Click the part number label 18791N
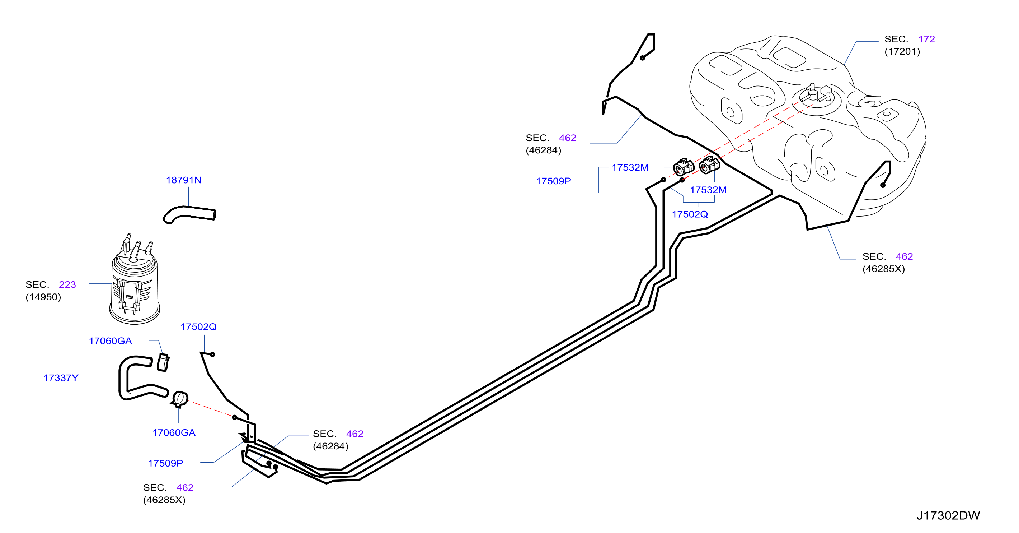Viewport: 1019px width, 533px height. pyautogui.click(x=184, y=180)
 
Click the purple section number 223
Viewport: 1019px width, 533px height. pyautogui.click(x=67, y=285)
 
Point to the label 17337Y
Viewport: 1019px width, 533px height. pyautogui.click(x=61, y=378)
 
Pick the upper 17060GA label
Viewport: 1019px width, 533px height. pyautogui.click(x=111, y=341)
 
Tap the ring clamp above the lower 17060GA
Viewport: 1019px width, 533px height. pyautogui.click(x=180, y=398)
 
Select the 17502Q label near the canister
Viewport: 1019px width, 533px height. pyautogui.click(x=198, y=327)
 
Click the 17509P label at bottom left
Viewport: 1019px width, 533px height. pyautogui.click(x=165, y=463)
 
